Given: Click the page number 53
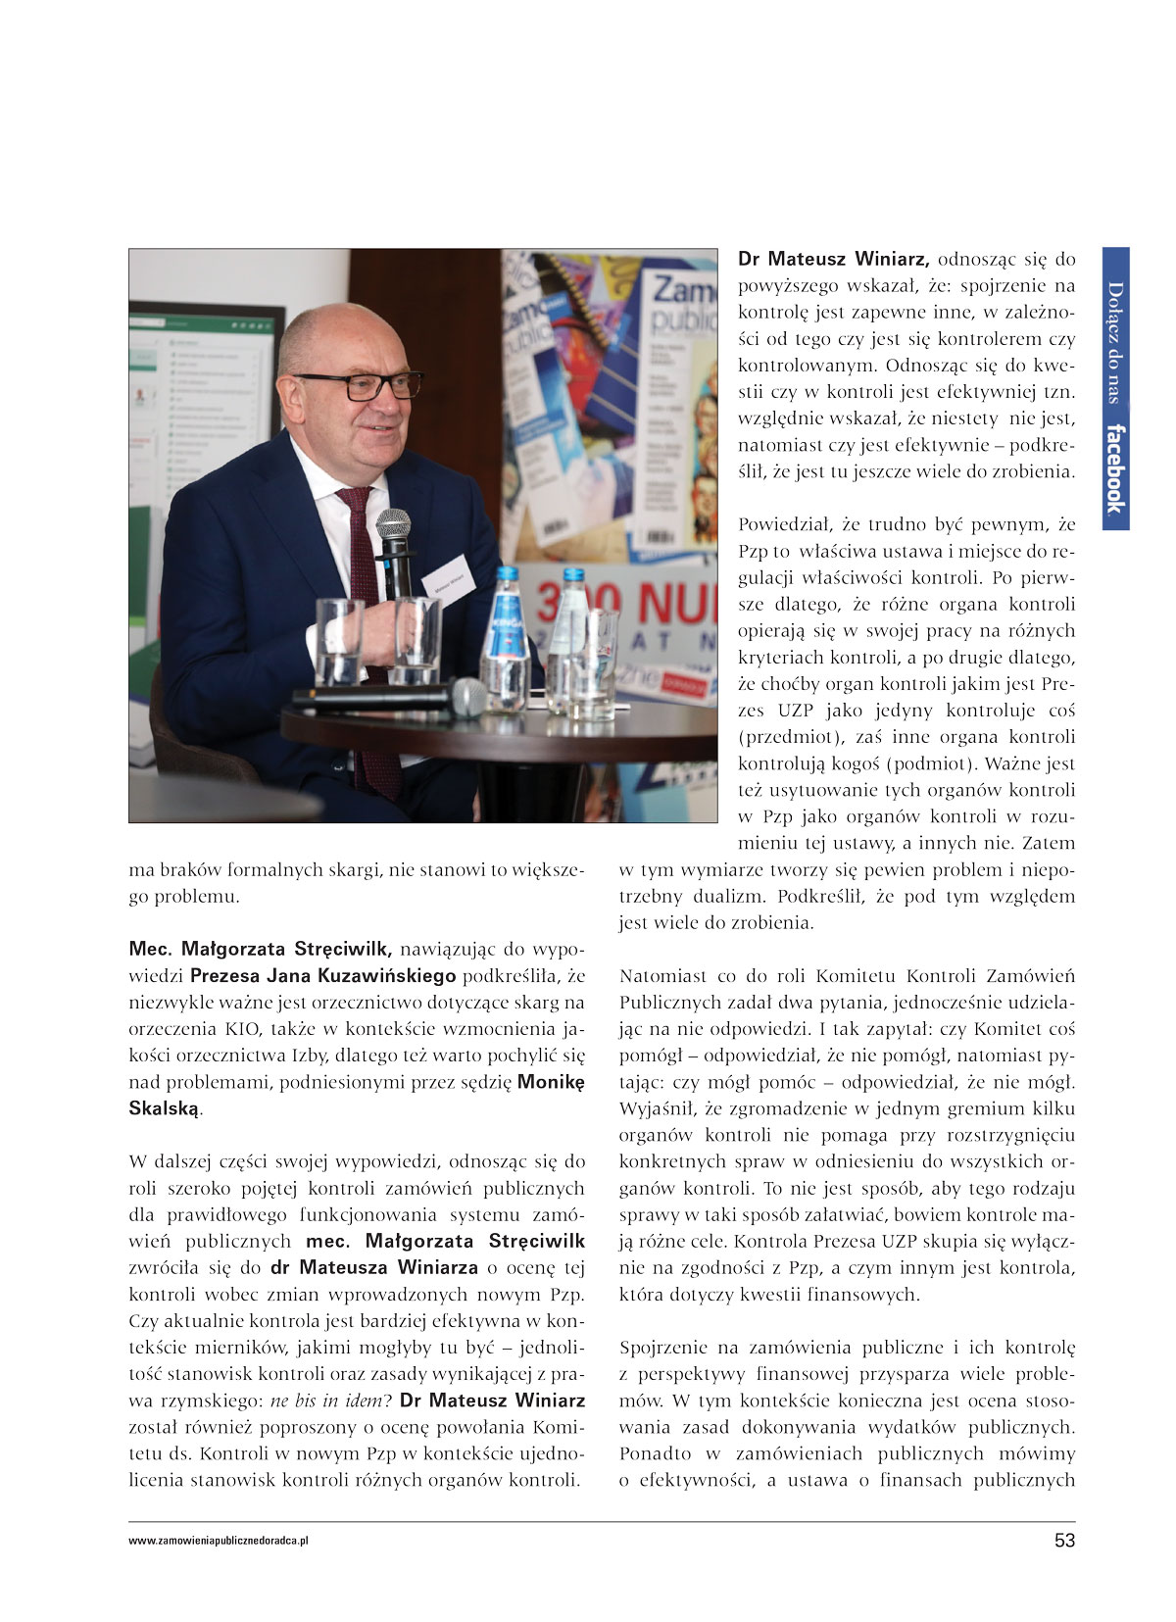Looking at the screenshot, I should (1063, 1540).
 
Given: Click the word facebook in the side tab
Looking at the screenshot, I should (1115, 467).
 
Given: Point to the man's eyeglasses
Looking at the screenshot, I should (358, 384).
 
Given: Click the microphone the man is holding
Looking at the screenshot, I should (394, 549).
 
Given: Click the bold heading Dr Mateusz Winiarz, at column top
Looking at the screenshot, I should (833, 260).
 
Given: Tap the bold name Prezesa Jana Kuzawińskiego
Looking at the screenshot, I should (322, 975).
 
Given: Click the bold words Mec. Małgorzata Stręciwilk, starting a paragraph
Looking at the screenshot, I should (261, 949).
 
